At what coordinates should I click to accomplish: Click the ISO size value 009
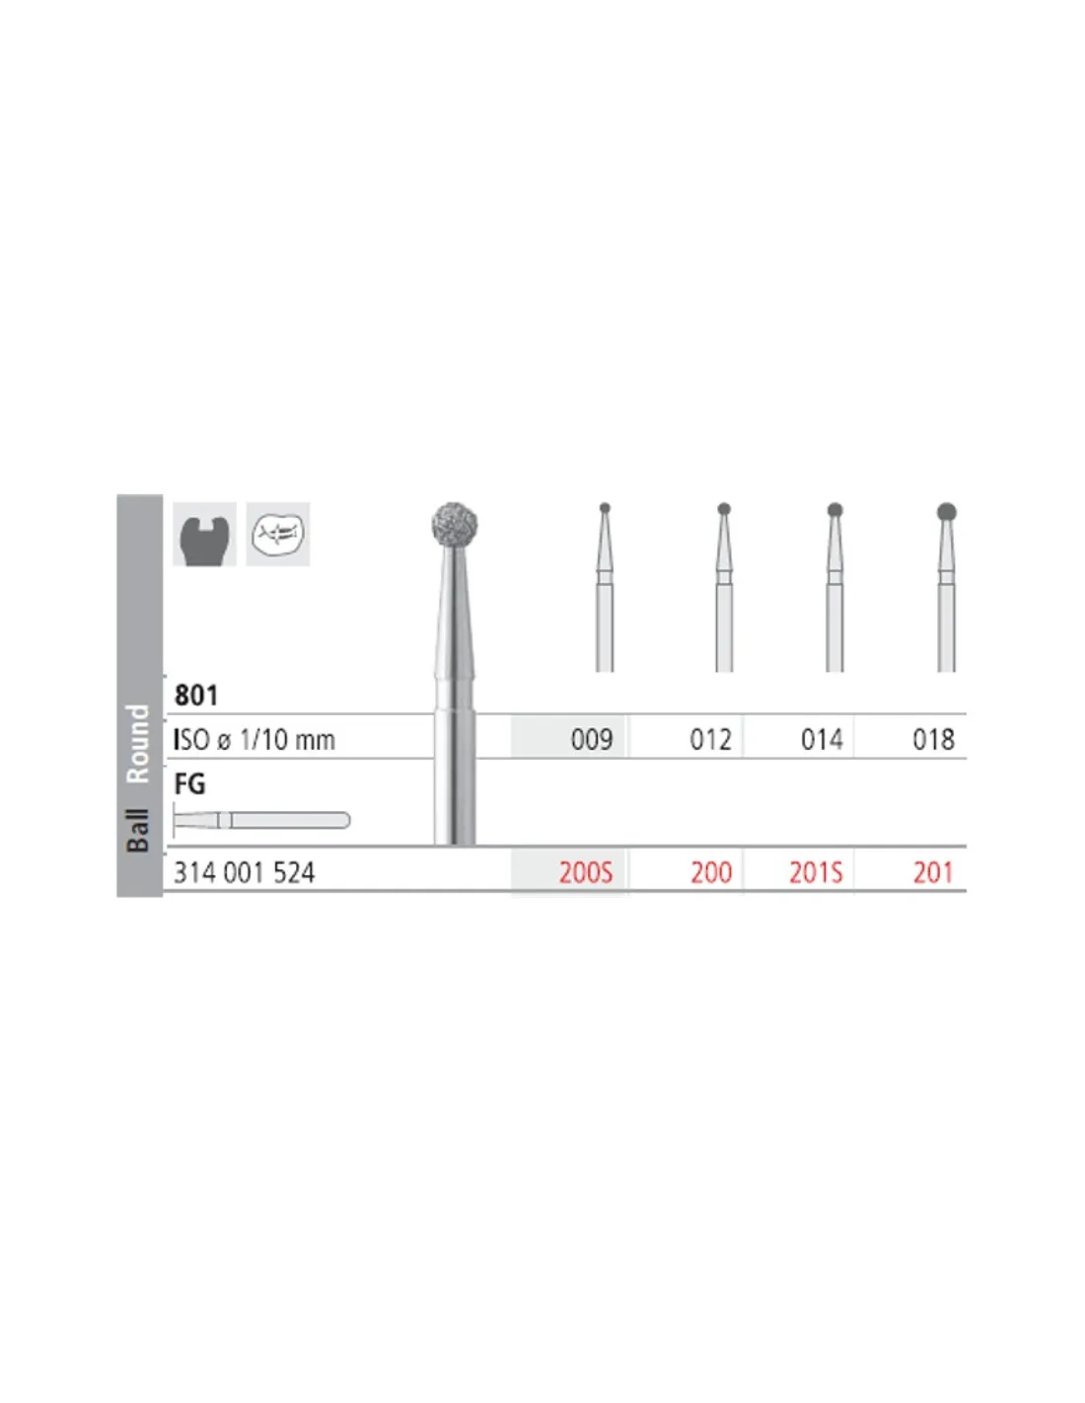(x=591, y=739)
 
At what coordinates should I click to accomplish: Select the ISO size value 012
(x=710, y=739)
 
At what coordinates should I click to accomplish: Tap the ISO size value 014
(x=822, y=739)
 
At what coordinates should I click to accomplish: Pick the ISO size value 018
(x=933, y=739)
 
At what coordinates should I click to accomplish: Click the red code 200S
(x=586, y=873)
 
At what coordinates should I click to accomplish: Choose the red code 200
(x=711, y=873)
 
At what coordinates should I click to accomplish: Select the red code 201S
(x=816, y=873)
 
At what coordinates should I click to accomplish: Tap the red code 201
(x=933, y=873)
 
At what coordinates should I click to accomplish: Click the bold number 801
(x=196, y=696)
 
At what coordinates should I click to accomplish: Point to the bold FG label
(x=189, y=783)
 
